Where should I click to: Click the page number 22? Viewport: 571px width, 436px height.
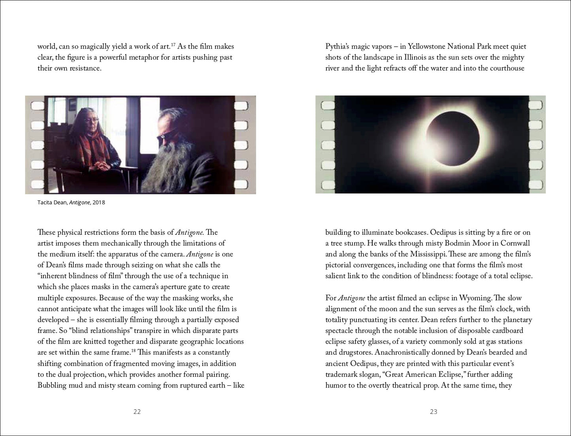coord(137,411)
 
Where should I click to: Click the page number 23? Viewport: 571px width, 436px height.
coord(433,411)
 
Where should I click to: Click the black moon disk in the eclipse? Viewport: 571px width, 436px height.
coord(454,140)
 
